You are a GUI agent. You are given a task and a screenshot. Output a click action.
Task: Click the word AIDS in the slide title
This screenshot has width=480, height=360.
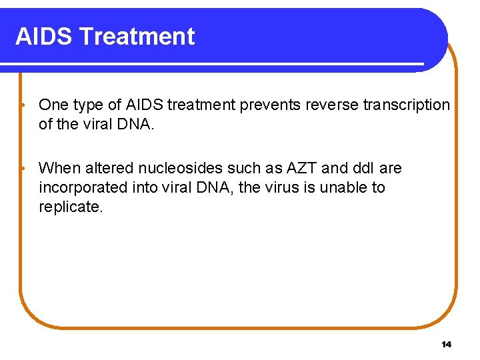tap(43, 36)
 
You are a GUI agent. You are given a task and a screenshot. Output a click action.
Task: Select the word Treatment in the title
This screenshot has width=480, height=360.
tap(136, 36)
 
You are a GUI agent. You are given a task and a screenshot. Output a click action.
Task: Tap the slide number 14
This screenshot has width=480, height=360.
tap(446, 344)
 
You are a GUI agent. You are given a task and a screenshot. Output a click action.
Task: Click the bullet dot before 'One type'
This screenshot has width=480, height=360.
tap(23, 105)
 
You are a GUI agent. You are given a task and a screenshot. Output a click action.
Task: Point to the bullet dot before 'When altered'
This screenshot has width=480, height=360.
tap(23, 169)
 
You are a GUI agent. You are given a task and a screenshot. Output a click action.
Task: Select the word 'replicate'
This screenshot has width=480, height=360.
tap(69, 207)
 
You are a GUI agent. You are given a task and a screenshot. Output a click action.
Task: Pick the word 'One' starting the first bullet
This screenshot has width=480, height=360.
tap(53, 105)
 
